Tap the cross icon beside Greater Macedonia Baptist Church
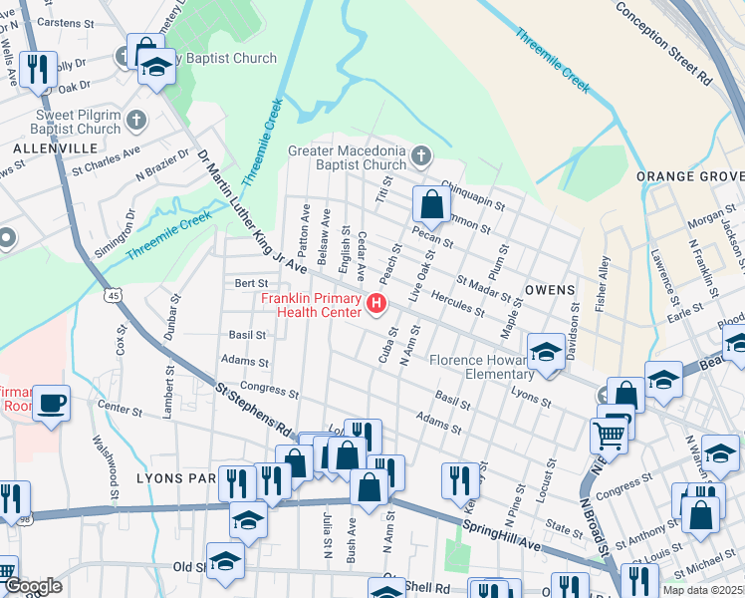[x=421, y=155]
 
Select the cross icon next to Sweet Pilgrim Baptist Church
[x=136, y=121]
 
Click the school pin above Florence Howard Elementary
[x=546, y=351]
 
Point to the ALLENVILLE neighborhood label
[x=56, y=148]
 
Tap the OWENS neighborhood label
[x=550, y=290]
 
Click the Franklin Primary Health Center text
[x=311, y=305]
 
